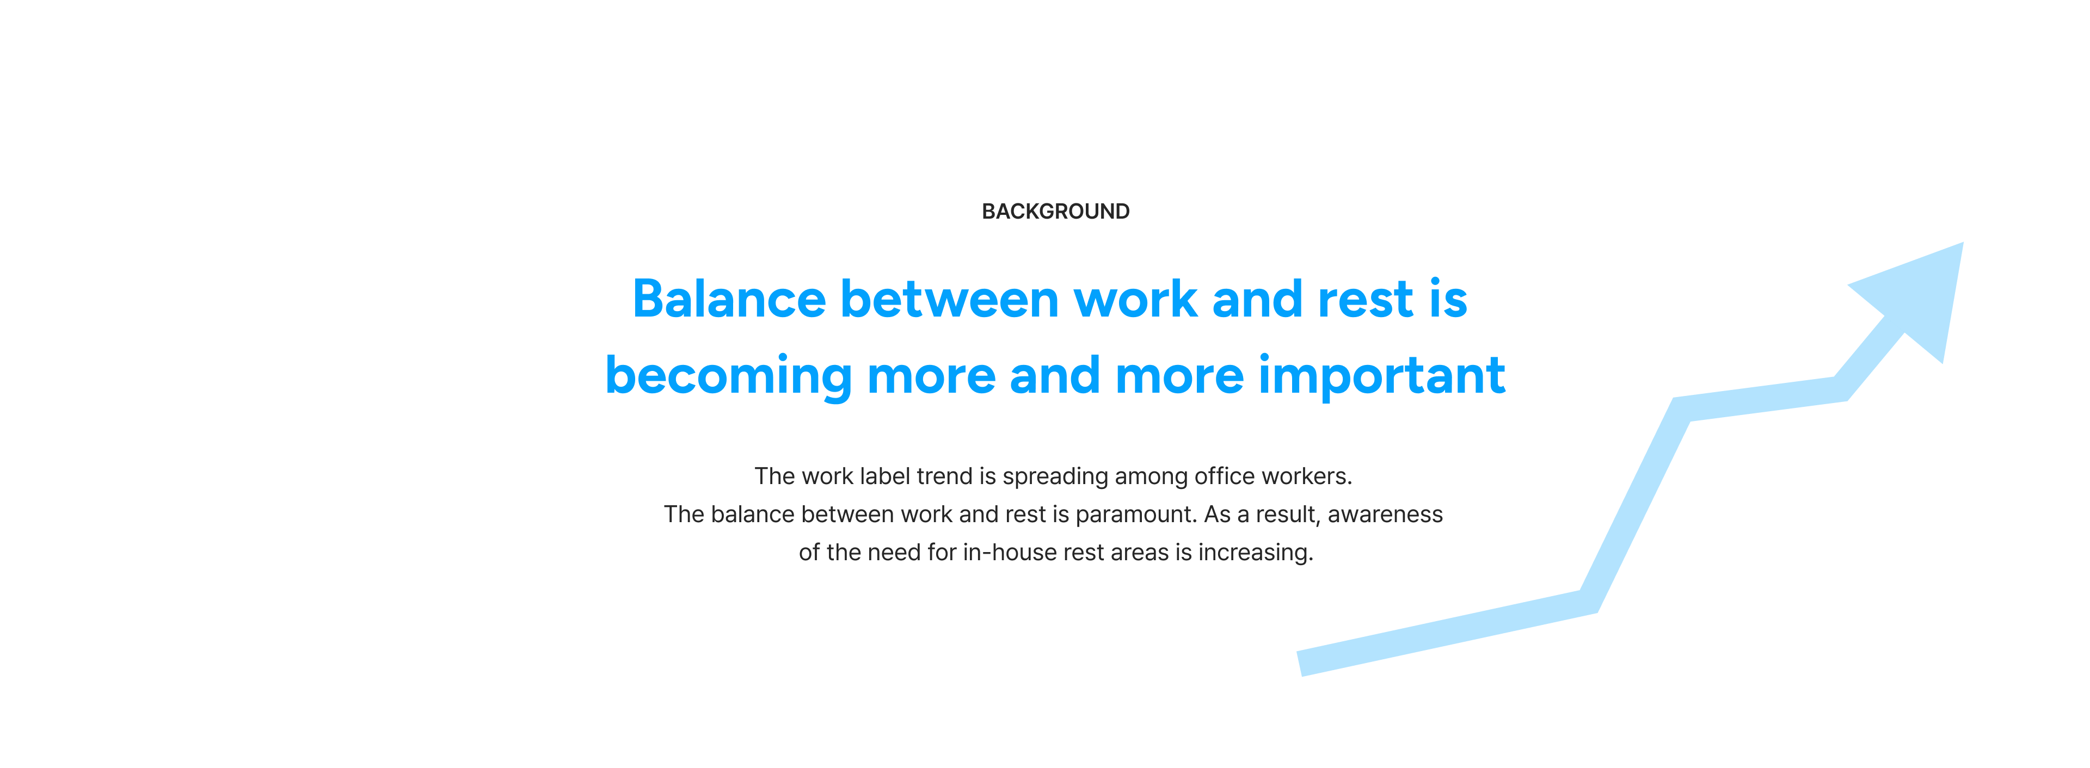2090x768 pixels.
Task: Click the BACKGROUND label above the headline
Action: (1055, 212)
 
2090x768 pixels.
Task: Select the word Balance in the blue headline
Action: (729, 299)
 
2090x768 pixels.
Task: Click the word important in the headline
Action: (1382, 376)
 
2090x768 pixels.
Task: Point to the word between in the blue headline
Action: (949, 299)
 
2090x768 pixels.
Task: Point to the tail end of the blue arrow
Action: (1300, 664)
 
